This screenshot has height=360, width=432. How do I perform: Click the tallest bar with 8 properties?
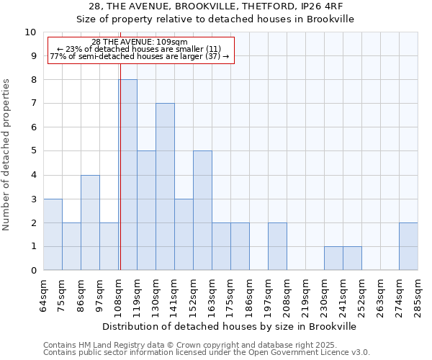point(128,175)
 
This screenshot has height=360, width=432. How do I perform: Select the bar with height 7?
point(165,187)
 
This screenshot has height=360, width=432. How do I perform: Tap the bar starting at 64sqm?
point(53,235)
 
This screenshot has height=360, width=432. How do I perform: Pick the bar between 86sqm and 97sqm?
point(90,222)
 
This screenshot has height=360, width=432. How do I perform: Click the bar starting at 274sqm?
point(408,246)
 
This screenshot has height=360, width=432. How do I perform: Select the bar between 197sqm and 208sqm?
point(277,246)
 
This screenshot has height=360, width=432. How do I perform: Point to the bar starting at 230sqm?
point(333,258)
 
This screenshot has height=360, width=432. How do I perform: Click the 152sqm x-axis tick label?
point(194,295)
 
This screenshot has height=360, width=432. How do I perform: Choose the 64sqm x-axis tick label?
point(44,295)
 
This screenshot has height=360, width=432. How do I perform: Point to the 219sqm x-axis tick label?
point(306,295)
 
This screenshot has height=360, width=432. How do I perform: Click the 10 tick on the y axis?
point(30,32)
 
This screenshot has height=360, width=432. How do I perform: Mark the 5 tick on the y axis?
point(33,151)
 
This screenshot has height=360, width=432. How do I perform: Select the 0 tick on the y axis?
point(33,271)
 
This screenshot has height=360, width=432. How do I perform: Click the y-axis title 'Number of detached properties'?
point(7,154)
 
